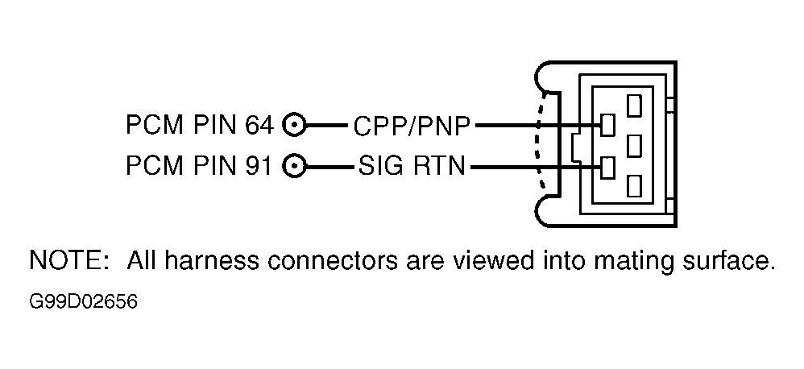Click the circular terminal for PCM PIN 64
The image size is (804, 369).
tap(294, 125)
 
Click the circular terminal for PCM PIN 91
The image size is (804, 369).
tap(294, 166)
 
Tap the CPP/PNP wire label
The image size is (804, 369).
tap(411, 126)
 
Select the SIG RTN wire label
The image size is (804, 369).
tap(411, 166)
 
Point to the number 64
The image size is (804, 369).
tap(259, 125)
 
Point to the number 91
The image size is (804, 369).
tap(258, 166)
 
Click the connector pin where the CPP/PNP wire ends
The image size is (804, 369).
tap(607, 125)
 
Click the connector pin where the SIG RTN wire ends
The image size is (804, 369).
tap(607, 168)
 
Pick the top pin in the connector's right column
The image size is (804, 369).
tap(634, 106)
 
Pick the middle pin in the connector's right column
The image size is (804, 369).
tap(634, 146)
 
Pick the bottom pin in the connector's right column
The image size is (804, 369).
tap(634, 186)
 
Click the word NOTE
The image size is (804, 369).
tap(65, 260)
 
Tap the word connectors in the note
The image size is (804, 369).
tap(332, 261)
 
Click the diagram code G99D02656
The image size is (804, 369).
tap(83, 302)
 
